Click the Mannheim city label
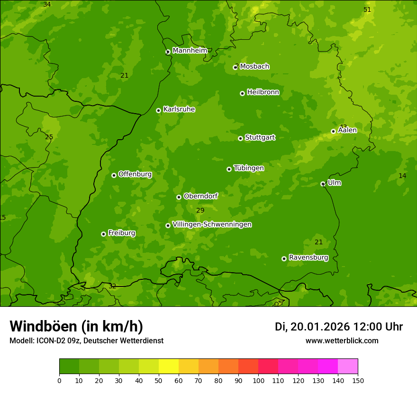190,51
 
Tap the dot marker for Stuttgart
240,138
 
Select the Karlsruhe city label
179,109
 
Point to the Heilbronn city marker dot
242,93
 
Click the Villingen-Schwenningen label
212,224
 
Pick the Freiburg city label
121,233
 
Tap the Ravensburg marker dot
284,259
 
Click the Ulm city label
334,183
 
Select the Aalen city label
347,130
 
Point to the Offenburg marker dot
114,175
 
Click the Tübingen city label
248,168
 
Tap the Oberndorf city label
200,196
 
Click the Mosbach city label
254,67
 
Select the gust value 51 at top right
367,10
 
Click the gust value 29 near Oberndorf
200,210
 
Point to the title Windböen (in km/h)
76,326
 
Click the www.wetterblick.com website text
342,341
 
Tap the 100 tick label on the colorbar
258,380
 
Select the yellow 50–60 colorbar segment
169,366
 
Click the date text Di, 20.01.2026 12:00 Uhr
339,327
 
